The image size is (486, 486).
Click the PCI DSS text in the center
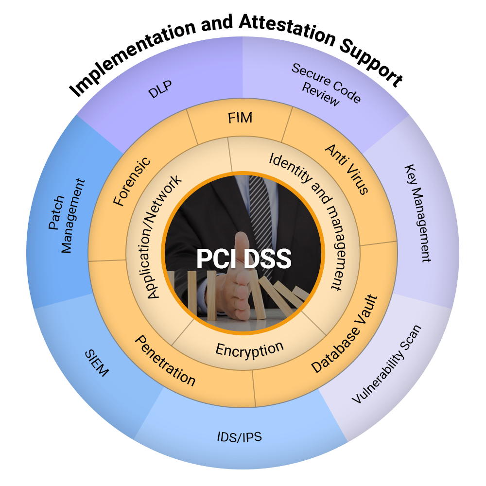[243, 259]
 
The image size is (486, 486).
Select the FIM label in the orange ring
[240, 118]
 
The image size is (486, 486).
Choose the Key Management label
[418, 213]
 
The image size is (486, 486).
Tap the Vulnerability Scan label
[386, 364]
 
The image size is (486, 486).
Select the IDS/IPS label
[239, 437]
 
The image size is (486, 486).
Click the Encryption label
[249, 349]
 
